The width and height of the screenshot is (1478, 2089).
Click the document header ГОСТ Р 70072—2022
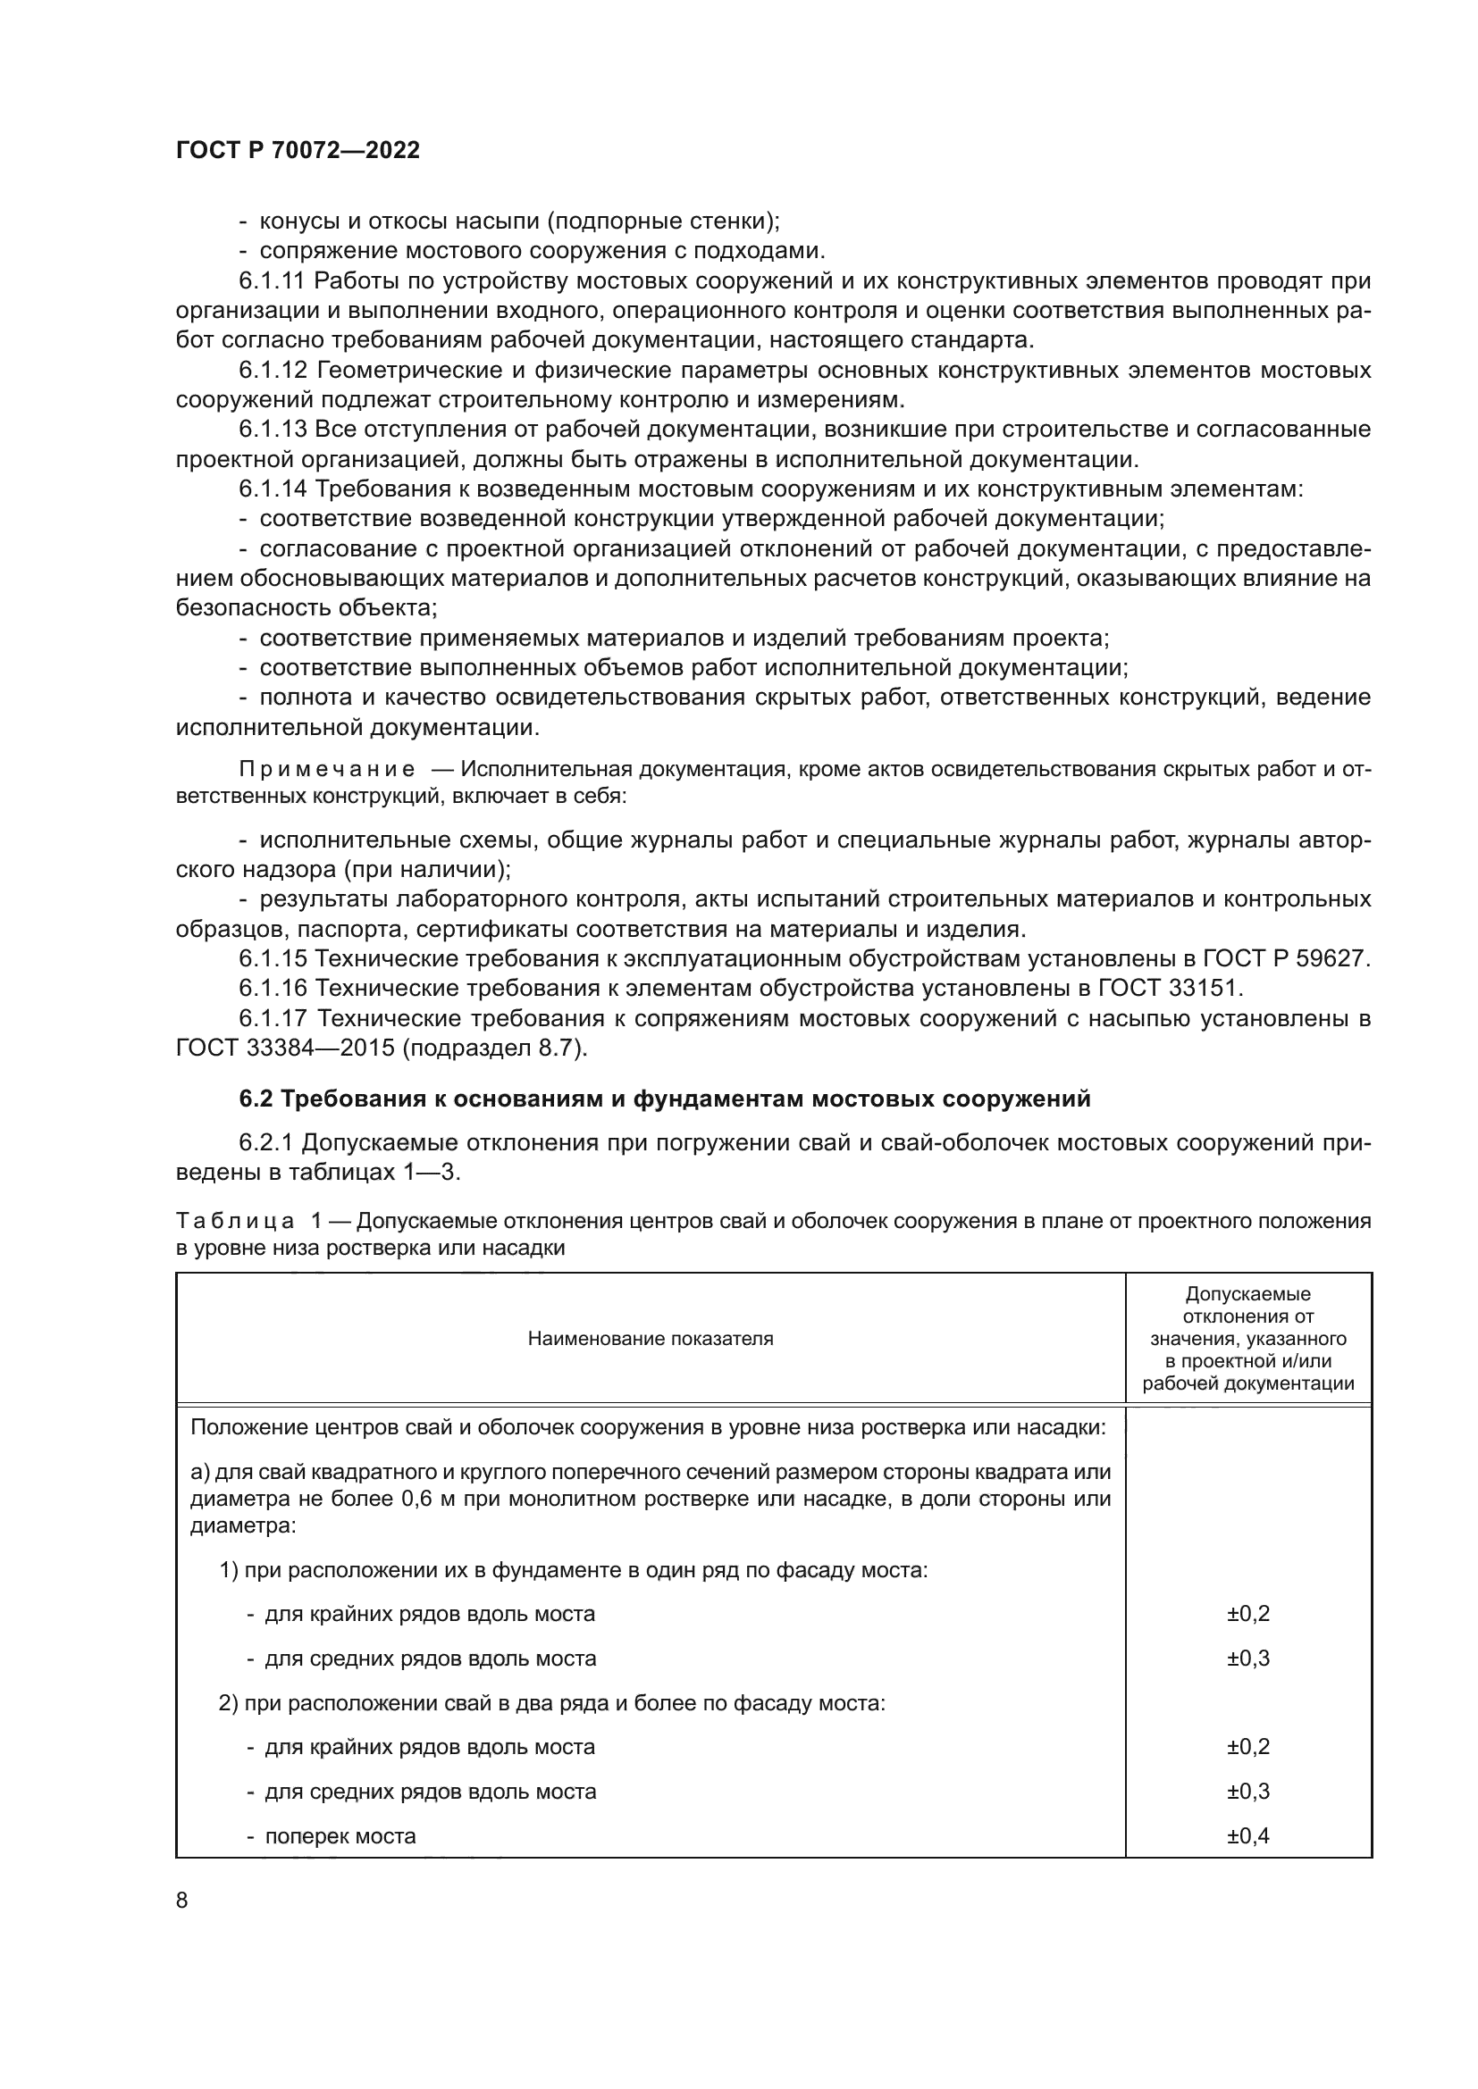[x=298, y=151]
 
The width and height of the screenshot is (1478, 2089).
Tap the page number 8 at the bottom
[x=182, y=1901]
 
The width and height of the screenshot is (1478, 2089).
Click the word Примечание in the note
[x=328, y=770]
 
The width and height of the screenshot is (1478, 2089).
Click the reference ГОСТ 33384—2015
[x=286, y=1049]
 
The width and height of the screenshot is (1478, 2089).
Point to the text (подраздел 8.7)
[x=495, y=1049]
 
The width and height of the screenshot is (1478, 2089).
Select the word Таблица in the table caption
[x=235, y=1221]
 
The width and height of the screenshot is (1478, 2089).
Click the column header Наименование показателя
[x=650, y=1339]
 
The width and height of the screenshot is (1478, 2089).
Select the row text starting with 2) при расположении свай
[x=551, y=1702]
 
